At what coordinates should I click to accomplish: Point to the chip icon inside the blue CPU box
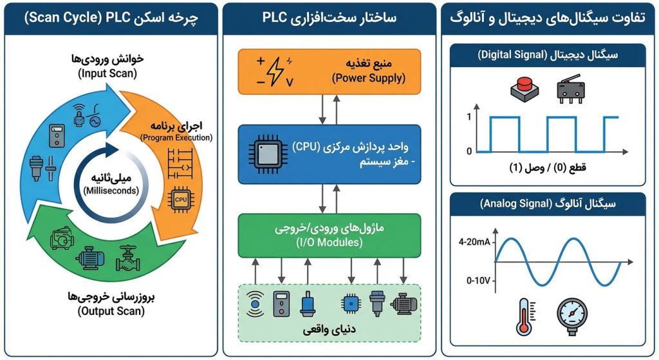tap(265, 151)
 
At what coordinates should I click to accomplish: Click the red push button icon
tap(524, 89)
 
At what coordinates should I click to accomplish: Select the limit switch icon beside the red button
tap(571, 90)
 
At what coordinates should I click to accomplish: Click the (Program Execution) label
tap(176, 137)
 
